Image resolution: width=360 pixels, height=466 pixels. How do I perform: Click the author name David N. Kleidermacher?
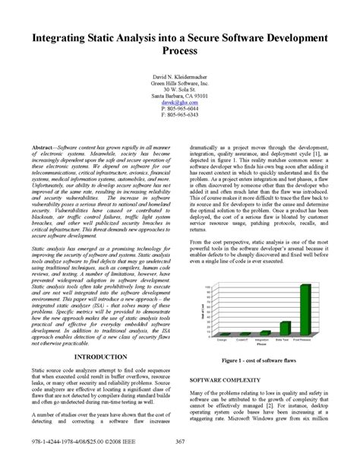coord(180,78)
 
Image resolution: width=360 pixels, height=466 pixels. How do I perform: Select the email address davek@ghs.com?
coord(180,103)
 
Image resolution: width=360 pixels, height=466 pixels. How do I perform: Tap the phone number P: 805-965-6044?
coord(180,109)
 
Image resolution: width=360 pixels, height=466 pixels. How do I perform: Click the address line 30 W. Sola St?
coord(180,90)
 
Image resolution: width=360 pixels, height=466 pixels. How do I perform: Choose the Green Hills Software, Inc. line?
coord(180,84)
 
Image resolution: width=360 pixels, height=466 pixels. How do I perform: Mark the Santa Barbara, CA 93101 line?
coord(180,97)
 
